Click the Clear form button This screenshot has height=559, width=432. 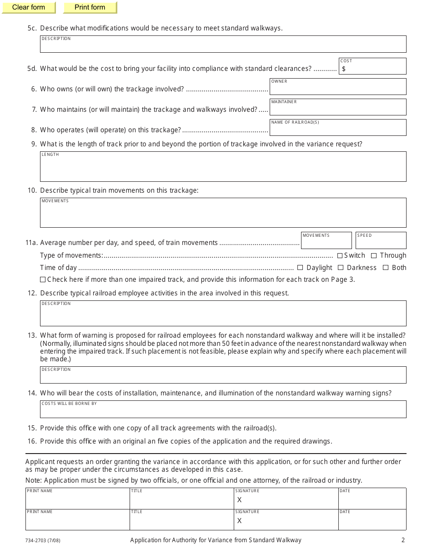click(x=29, y=7)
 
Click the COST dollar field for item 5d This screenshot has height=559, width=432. click(x=373, y=69)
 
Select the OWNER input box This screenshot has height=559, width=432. click(x=338, y=89)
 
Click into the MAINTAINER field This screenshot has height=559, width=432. click(x=338, y=109)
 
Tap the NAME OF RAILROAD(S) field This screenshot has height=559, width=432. click(x=338, y=130)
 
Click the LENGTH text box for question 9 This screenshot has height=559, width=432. click(x=223, y=168)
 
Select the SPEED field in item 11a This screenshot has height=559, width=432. click(x=381, y=242)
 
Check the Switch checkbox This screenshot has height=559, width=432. click(x=340, y=256)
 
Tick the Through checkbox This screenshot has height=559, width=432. click(x=374, y=256)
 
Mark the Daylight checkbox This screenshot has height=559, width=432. click(x=300, y=268)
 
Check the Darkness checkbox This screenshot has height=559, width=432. click(x=341, y=268)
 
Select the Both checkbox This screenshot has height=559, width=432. click(x=386, y=268)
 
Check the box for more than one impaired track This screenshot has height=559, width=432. click(x=43, y=279)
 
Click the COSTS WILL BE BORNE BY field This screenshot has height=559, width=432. click(x=223, y=411)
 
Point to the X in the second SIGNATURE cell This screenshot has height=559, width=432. click(x=240, y=521)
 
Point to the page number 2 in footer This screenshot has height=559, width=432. click(x=403, y=540)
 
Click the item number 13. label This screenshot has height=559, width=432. click(x=32, y=335)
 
